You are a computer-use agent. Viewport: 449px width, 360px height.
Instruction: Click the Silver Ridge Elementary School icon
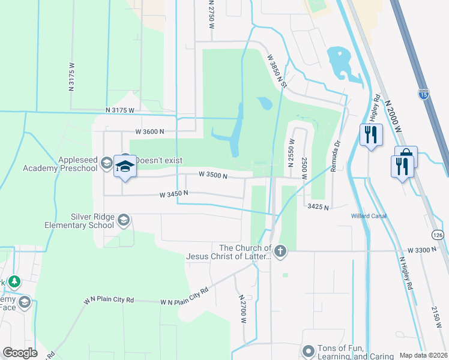coord(124,220)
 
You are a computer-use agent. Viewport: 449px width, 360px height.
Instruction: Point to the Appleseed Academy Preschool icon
coord(106,163)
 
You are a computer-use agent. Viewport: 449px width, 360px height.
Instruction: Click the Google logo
coord(20,353)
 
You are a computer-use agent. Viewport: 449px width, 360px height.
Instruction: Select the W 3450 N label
coord(174,194)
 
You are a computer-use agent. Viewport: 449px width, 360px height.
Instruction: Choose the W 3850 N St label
coord(278,71)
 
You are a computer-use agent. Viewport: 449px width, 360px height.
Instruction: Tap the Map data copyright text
coord(423,355)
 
